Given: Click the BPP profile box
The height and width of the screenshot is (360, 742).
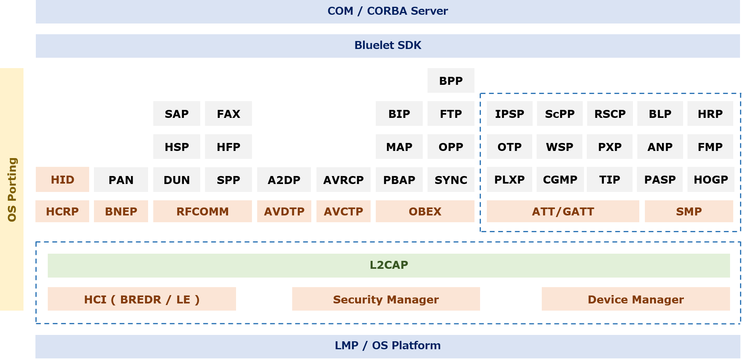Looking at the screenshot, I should [x=451, y=80].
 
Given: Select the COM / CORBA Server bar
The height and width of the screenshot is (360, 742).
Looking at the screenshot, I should [x=387, y=11].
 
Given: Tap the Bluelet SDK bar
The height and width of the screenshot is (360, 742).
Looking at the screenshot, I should [x=387, y=45].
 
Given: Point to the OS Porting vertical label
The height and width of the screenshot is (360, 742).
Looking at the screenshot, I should [x=12, y=190].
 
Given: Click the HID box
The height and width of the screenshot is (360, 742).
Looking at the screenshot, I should [x=62, y=180].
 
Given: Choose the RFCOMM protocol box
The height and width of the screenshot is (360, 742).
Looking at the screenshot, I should [x=202, y=211].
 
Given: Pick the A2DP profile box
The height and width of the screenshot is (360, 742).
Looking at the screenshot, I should [x=284, y=180].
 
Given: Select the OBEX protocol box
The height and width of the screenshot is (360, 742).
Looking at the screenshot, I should [x=425, y=211].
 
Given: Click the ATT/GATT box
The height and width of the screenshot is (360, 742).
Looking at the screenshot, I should [x=562, y=211].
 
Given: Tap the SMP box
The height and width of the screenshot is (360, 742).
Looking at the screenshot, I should [x=689, y=211].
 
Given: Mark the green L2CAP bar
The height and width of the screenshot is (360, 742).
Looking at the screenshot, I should [x=389, y=265].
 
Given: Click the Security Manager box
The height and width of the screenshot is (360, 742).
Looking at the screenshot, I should [x=386, y=299].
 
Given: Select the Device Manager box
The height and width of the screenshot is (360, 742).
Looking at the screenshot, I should [x=636, y=299].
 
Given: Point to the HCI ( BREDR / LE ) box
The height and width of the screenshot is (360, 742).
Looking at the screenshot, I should [x=142, y=299].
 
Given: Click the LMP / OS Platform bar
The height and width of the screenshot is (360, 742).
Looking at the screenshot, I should [x=387, y=346].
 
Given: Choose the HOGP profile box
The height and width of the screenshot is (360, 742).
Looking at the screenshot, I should [x=711, y=180].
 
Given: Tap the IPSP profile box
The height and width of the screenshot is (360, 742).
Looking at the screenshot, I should [x=510, y=114].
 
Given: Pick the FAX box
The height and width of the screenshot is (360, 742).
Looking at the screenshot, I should [x=228, y=114].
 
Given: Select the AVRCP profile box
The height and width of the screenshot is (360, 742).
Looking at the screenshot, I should [x=343, y=180].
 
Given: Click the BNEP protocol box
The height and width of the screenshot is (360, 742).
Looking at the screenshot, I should [x=121, y=211].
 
